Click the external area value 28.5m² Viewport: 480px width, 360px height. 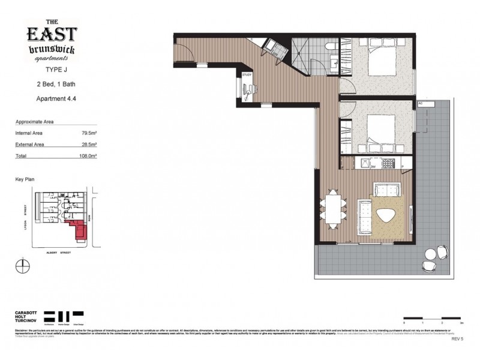89,144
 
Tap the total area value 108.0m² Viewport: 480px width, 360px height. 89,155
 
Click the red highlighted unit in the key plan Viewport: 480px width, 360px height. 78,229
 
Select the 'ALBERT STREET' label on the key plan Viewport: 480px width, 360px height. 59,253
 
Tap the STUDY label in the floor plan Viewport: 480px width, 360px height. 247,75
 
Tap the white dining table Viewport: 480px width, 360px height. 333,210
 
